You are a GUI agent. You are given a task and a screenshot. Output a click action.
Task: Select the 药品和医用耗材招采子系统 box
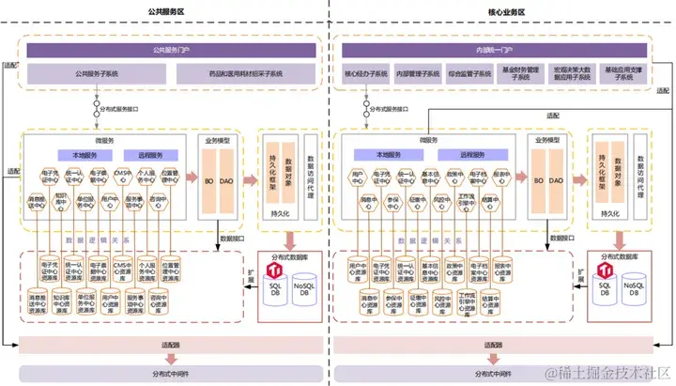[x=247, y=72]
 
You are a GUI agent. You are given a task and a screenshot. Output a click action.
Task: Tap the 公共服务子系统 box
[x=97, y=72]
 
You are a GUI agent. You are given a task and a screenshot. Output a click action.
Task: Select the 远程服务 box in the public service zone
[x=149, y=155]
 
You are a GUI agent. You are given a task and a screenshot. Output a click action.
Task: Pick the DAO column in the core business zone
[x=557, y=179]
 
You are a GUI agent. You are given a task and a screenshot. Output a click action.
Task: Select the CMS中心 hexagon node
[x=123, y=176]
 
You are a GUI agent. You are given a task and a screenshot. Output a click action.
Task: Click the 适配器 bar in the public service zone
[x=170, y=346]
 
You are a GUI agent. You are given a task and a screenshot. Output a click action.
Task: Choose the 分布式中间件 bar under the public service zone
[x=170, y=372]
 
